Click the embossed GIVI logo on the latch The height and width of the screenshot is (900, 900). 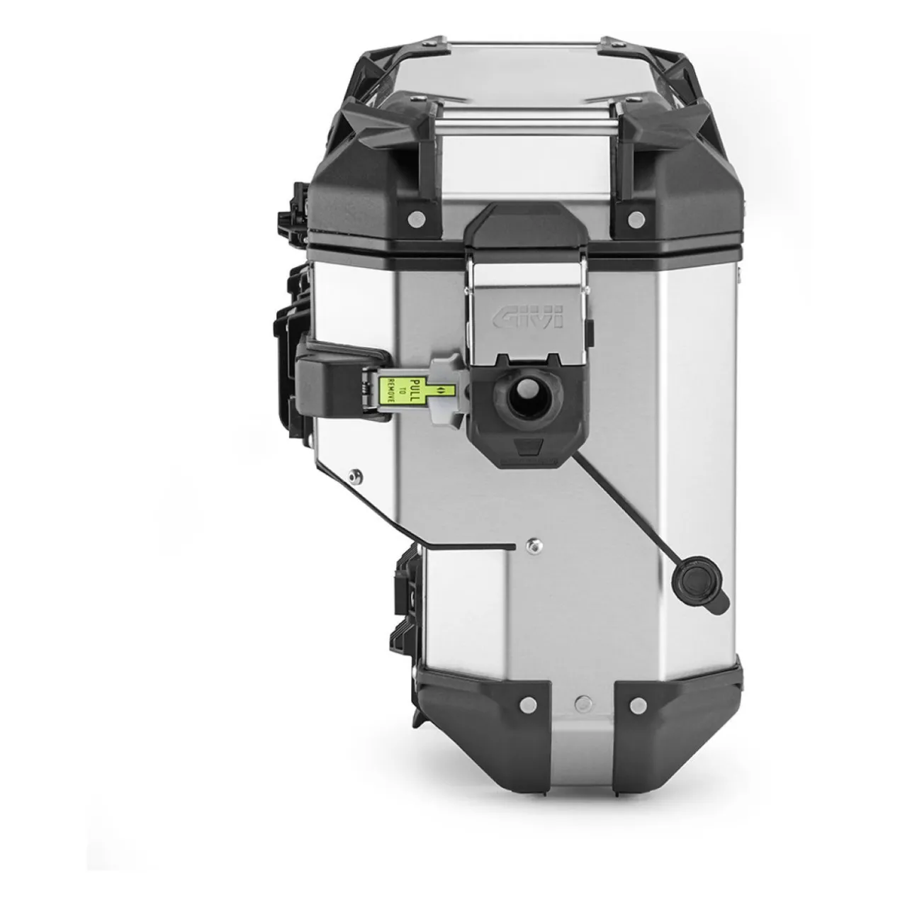(x=527, y=317)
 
